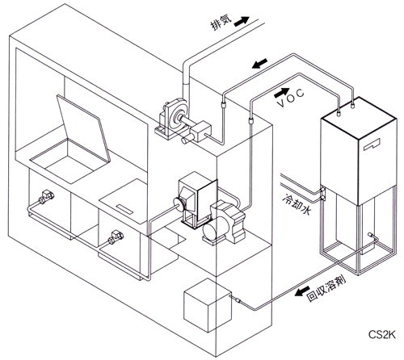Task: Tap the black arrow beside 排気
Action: pyautogui.click(x=242, y=21)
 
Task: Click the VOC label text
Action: pyautogui.click(x=291, y=98)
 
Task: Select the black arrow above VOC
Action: pyautogui.click(x=282, y=93)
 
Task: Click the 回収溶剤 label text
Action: pyautogui.click(x=326, y=289)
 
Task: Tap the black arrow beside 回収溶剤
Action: pyautogui.click(x=302, y=291)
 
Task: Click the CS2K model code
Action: pyautogui.click(x=382, y=334)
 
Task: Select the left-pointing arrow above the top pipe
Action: pyautogui.click(x=259, y=64)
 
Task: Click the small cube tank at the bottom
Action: pyautogui.click(x=208, y=305)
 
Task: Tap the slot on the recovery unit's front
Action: pyautogui.click(x=372, y=144)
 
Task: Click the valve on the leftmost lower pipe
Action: pyautogui.click(x=46, y=197)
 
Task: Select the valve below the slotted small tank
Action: pyautogui.click(x=116, y=237)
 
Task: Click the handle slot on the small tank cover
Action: pyautogui.click(x=124, y=209)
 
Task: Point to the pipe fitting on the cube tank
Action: pyautogui.click(x=236, y=299)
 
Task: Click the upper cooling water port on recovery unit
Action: pyautogui.click(x=322, y=190)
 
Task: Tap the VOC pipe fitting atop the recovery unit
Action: pyautogui.click(x=339, y=112)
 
